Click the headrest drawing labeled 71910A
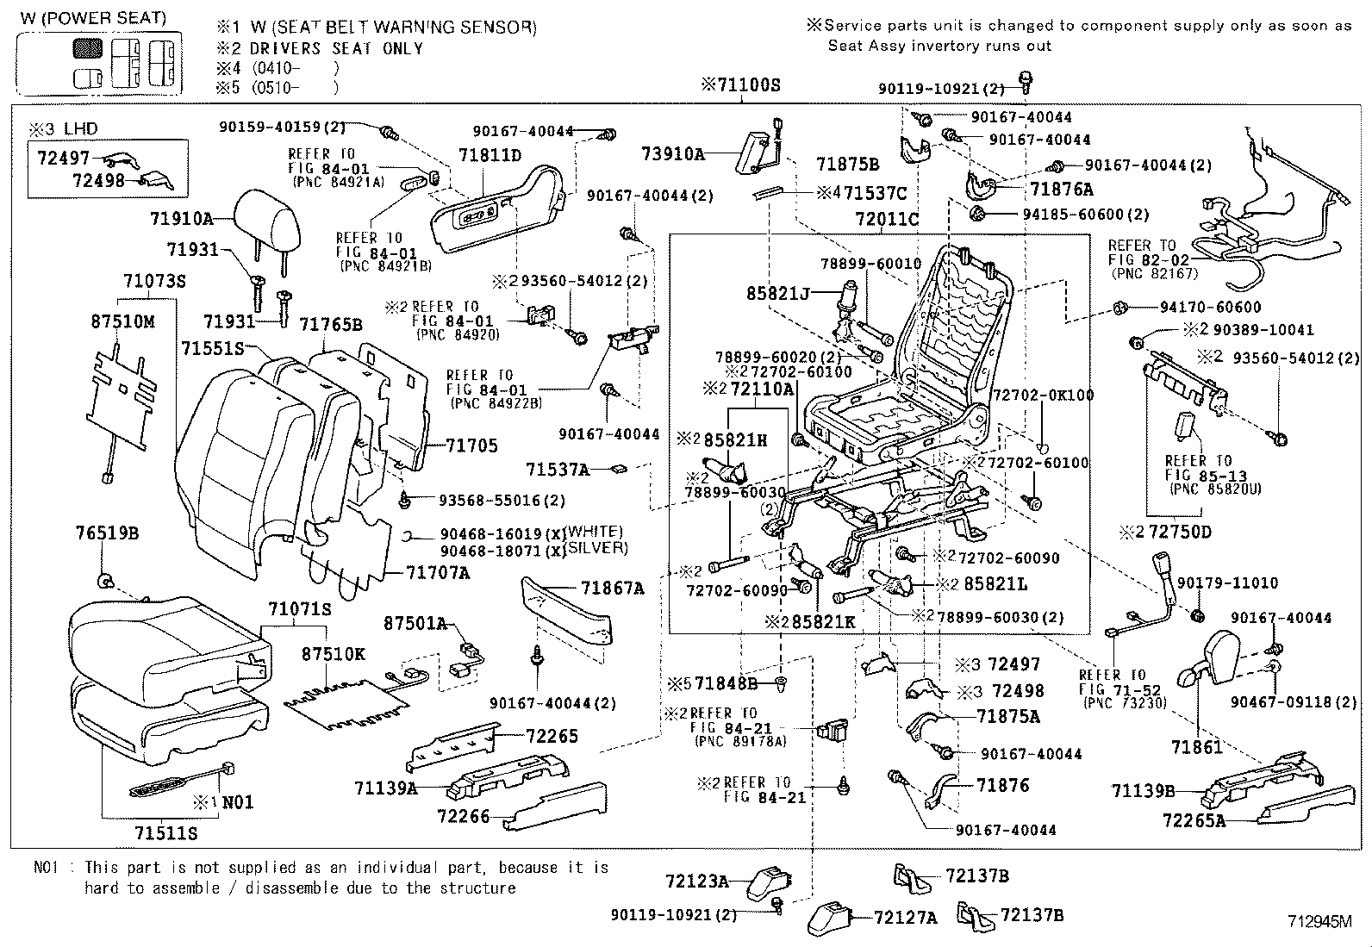[x=271, y=218]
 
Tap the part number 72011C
[x=887, y=219]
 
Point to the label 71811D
[x=490, y=155]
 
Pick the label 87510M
[x=122, y=321]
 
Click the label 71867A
[x=612, y=589]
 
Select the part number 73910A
[x=673, y=153]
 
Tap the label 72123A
[x=696, y=882]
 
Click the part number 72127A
[x=905, y=918]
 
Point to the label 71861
[x=1197, y=747]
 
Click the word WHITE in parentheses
[x=595, y=532]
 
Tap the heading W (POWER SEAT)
[x=93, y=18]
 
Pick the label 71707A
[x=438, y=572]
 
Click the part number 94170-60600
[x=1210, y=307]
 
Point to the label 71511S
[x=166, y=832]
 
